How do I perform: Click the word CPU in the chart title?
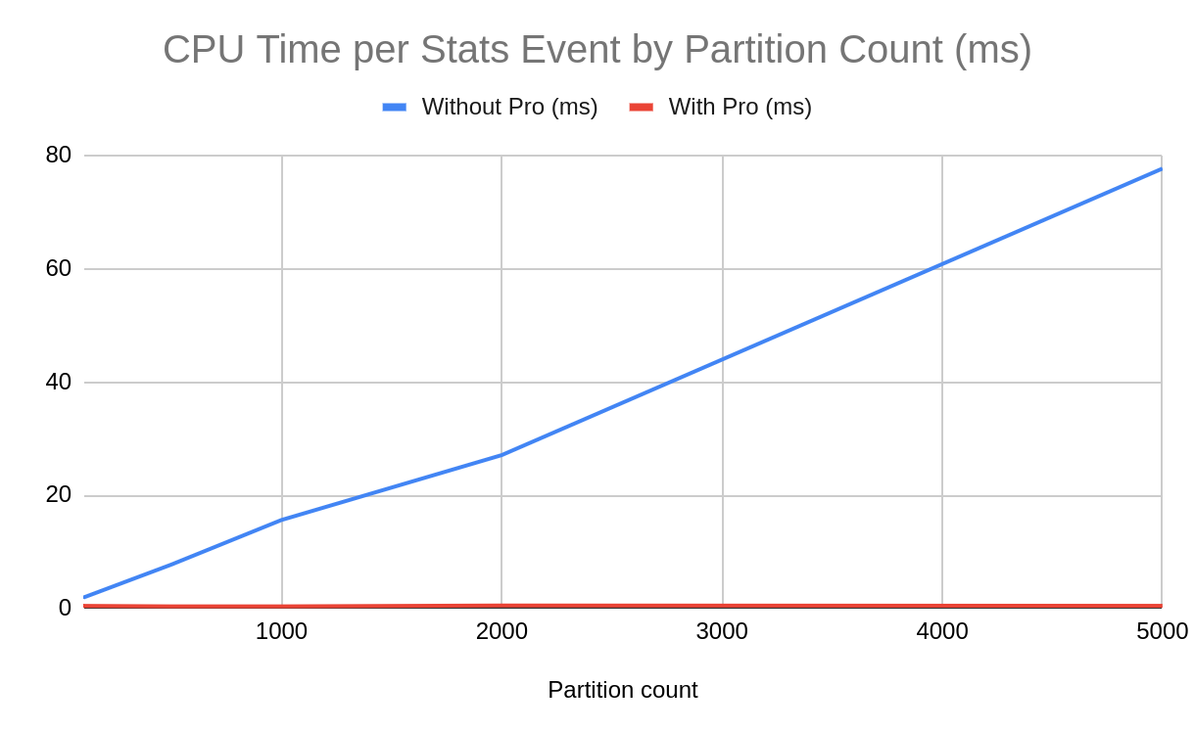(204, 50)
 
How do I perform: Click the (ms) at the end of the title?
(993, 50)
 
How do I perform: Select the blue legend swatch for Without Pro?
(394, 107)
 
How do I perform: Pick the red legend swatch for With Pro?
(641, 107)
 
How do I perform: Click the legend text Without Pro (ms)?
(509, 107)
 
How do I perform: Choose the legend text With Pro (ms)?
(740, 107)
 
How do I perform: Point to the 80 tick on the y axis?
(59, 155)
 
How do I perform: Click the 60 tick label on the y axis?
(59, 268)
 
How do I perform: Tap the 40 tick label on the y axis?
(59, 382)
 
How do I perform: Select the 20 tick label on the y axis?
(59, 495)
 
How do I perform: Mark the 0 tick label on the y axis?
(65, 608)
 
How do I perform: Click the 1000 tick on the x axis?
(281, 631)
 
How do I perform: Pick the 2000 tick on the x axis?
(501, 631)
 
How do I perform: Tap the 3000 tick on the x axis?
(722, 631)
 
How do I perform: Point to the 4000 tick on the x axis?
(942, 631)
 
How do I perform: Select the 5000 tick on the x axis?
(1162, 631)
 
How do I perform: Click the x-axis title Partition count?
(622, 690)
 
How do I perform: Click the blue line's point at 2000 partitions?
(501, 454)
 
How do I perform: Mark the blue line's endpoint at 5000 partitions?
(1161, 169)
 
